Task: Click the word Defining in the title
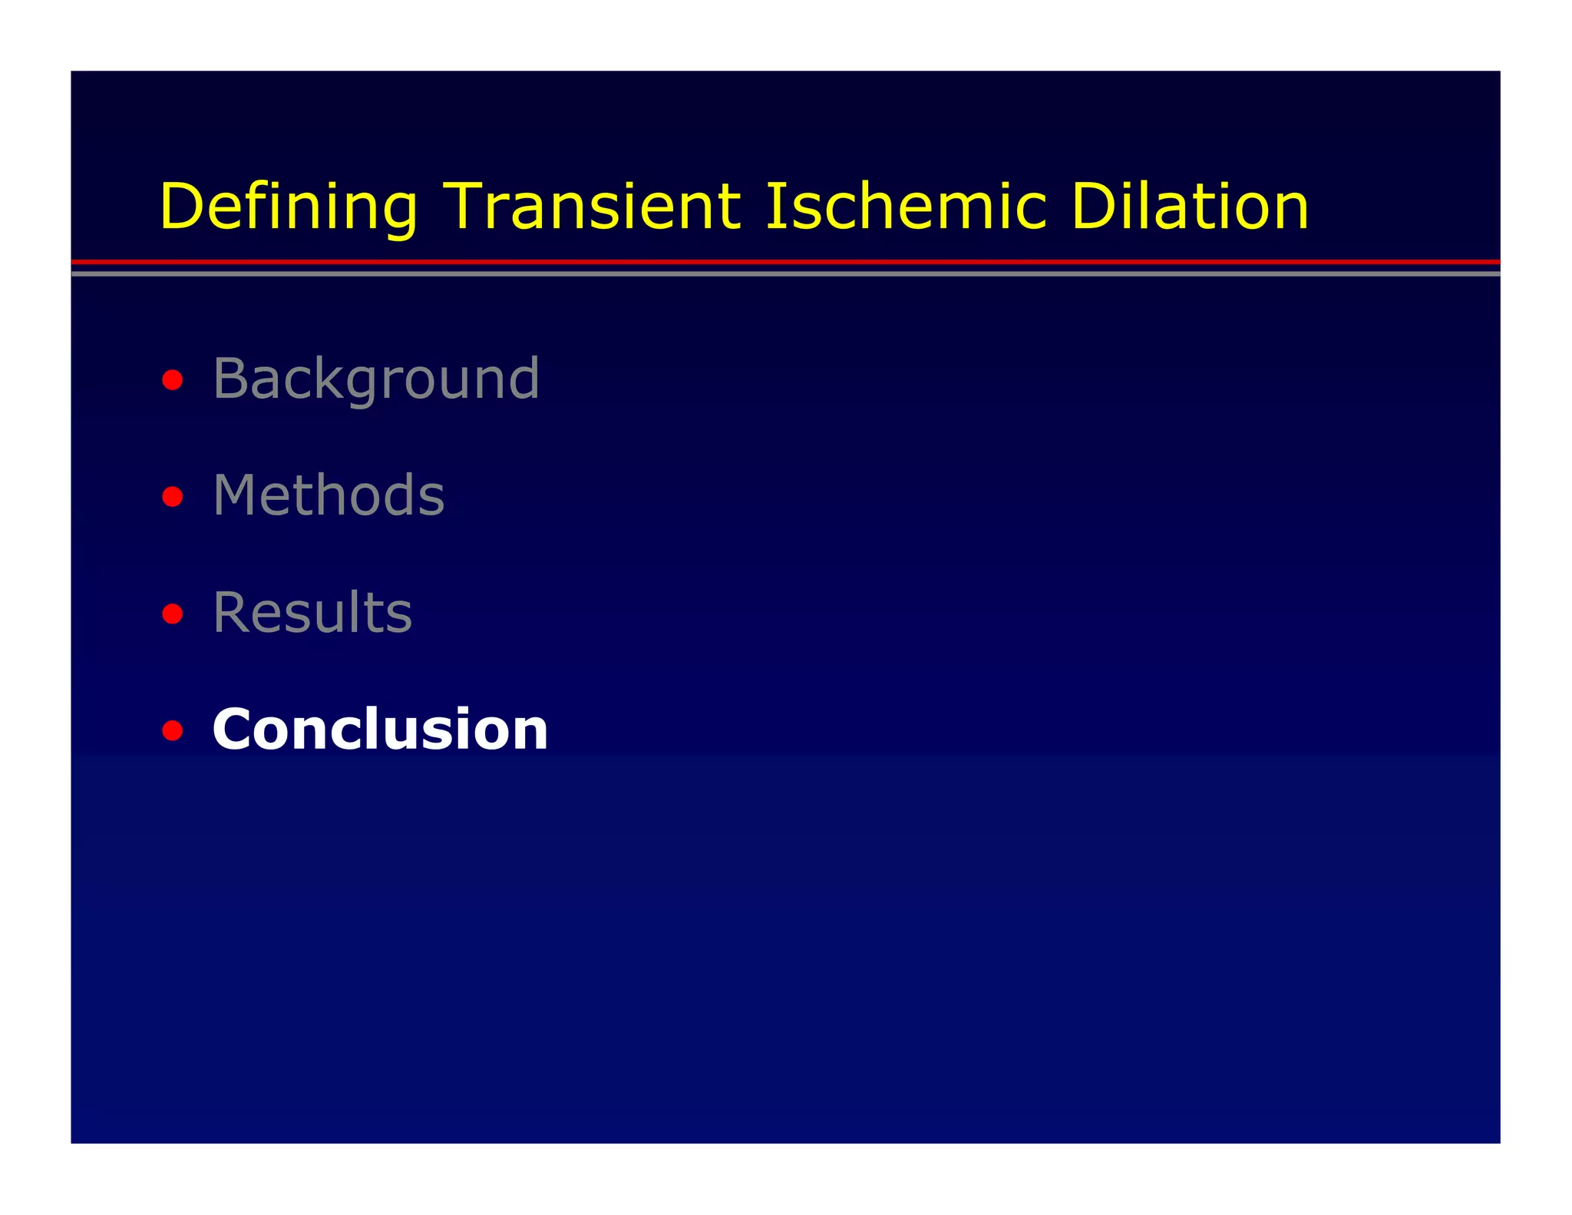(289, 207)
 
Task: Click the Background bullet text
(376, 379)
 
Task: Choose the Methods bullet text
(329, 495)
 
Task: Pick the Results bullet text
(312, 612)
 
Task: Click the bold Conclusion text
(380, 729)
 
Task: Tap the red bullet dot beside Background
(173, 380)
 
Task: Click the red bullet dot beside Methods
(173, 497)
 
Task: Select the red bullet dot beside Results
(173, 614)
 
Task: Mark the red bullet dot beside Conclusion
(173, 730)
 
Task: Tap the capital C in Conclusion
(235, 729)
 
